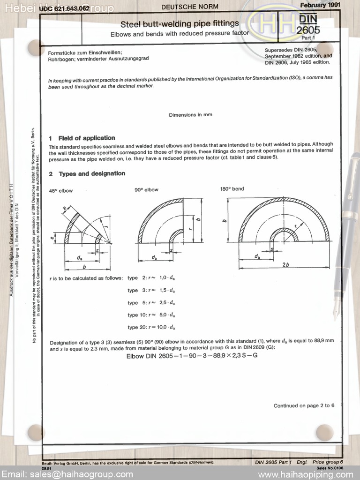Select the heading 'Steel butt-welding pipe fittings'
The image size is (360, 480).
(180, 23)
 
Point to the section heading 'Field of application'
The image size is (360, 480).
(87, 138)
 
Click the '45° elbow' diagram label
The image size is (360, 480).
(61, 191)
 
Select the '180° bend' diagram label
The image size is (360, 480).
(232, 189)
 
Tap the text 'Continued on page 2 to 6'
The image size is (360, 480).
(304, 405)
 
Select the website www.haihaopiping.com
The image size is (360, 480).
(305, 474)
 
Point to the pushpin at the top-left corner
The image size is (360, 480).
(35, 47)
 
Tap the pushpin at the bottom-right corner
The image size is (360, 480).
(324, 432)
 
